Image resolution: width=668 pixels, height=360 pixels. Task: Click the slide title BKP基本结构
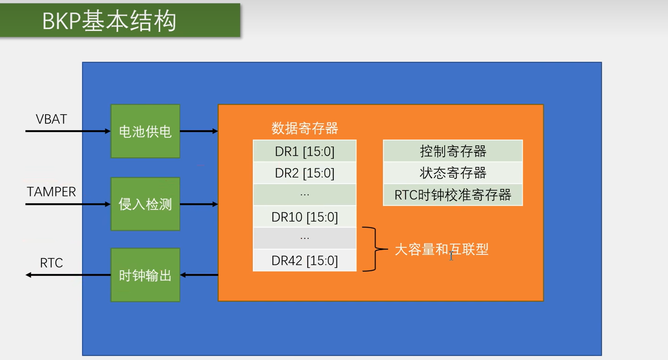[x=109, y=21]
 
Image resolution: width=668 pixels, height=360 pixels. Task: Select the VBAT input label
[x=51, y=119]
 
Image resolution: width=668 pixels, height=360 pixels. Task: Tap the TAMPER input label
[x=51, y=192]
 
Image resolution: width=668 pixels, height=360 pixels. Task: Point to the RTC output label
[x=51, y=263]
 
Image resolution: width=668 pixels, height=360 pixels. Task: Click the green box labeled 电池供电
[x=145, y=131]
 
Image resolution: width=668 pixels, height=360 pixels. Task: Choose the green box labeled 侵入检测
[x=145, y=204]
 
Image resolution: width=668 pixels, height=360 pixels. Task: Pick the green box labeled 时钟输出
[x=145, y=275]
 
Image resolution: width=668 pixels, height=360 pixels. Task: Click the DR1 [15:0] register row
[x=305, y=151]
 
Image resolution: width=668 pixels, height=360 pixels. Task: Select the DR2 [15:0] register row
[x=305, y=173]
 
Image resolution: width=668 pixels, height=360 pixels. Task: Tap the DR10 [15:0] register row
[x=305, y=217]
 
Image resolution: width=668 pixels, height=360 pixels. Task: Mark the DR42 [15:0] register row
[x=305, y=260]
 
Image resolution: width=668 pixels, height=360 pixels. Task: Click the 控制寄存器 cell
[x=453, y=151]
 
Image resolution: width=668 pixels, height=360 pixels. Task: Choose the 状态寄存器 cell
[x=453, y=173]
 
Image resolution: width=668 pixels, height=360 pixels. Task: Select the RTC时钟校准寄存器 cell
[x=453, y=195]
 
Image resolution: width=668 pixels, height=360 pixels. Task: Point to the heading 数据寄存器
[x=305, y=128]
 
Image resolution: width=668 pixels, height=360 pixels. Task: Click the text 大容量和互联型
[x=441, y=249]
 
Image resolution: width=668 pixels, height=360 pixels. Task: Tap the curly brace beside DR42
[x=375, y=249]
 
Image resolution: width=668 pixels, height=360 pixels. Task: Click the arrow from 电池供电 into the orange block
[x=199, y=131]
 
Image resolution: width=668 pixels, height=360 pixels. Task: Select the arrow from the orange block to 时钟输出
[x=199, y=275]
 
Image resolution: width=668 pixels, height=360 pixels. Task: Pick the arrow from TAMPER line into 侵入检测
[x=68, y=204]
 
